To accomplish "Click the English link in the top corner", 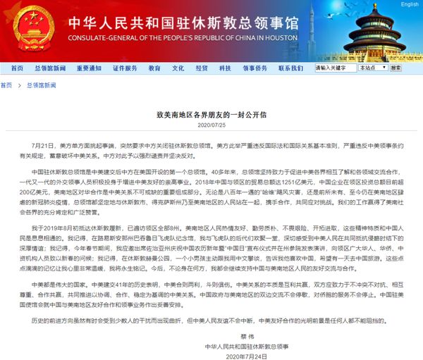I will tap(410, 4).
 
